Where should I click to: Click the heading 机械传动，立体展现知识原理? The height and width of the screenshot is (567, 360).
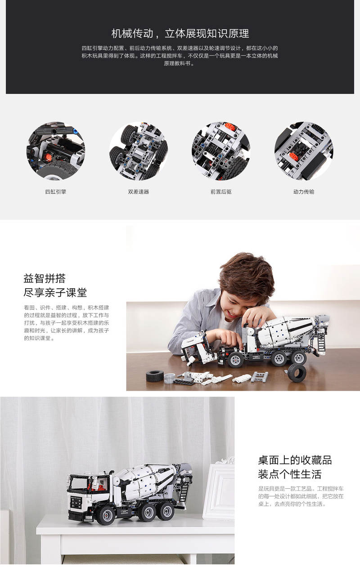coord(180,33)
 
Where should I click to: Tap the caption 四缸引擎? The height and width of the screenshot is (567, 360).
coord(56,192)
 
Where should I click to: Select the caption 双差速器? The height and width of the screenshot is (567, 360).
coord(138,192)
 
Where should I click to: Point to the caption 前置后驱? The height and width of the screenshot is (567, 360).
coord(221,192)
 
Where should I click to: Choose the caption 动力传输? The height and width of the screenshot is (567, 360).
coord(303,192)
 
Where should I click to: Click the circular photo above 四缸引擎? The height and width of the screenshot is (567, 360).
coord(56,151)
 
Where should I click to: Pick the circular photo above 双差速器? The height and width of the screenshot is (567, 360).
coord(138,151)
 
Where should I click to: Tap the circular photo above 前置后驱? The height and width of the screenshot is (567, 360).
coord(221,151)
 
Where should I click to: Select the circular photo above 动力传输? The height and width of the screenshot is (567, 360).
coord(303,151)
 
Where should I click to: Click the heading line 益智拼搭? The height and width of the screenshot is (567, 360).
coord(45,278)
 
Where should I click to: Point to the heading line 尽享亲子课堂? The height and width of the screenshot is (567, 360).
coord(55,293)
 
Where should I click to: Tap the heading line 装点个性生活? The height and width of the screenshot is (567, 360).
coord(289,474)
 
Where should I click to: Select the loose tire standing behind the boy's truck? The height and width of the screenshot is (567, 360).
coord(297,373)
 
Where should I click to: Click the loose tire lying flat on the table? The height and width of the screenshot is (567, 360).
coord(155,376)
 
